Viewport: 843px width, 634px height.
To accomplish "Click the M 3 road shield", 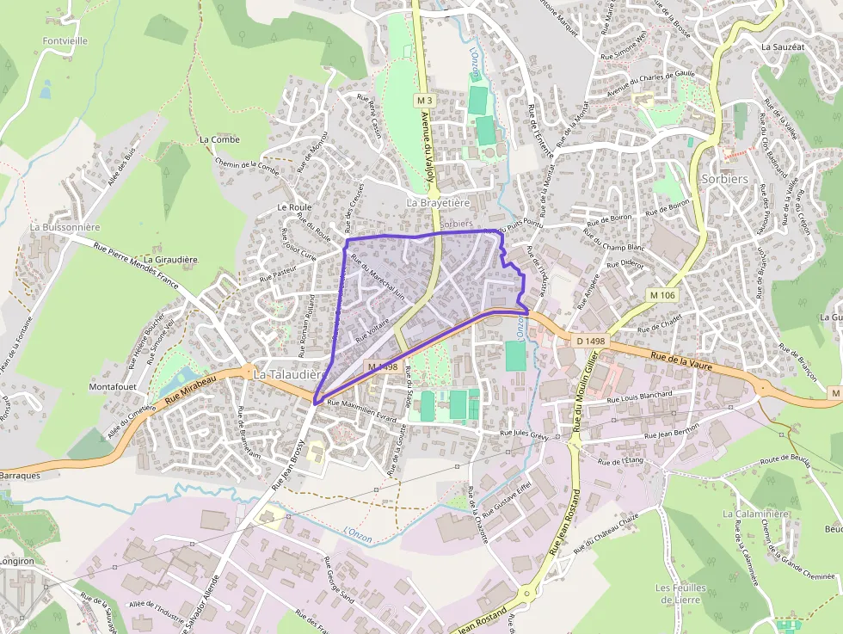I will [422, 101].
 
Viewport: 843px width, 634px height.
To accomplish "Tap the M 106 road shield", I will [663, 295].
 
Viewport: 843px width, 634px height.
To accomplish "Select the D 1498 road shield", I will [590, 341].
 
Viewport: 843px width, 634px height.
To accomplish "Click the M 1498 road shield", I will [383, 366].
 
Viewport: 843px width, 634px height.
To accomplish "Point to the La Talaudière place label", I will [288, 375].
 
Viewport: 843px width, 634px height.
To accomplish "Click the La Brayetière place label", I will [438, 203].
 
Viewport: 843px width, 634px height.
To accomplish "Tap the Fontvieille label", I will [65, 40].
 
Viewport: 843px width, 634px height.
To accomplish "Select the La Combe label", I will [219, 138].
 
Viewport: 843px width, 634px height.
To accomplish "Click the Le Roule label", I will [294, 207].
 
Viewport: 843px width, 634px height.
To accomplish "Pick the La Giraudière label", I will [171, 259].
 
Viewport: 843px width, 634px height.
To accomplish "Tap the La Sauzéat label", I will [782, 48].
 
